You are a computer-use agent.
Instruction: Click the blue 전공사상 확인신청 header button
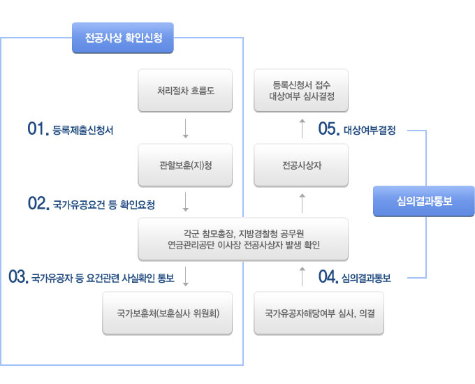point(123,39)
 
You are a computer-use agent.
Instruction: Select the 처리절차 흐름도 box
point(185,90)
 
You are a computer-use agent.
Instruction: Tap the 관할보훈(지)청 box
point(185,165)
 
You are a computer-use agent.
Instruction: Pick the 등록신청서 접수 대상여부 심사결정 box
point(302,90)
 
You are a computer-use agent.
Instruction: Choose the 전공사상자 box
point(302,165)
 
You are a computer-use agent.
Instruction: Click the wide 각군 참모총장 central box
point(243,239)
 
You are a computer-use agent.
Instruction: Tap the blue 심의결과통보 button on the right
point(424,201)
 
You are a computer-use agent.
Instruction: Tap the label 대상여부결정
point(370,130)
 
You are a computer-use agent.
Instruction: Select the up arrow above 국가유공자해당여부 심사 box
point(302,276)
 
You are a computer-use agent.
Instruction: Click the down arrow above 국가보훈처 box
point(186,276)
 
